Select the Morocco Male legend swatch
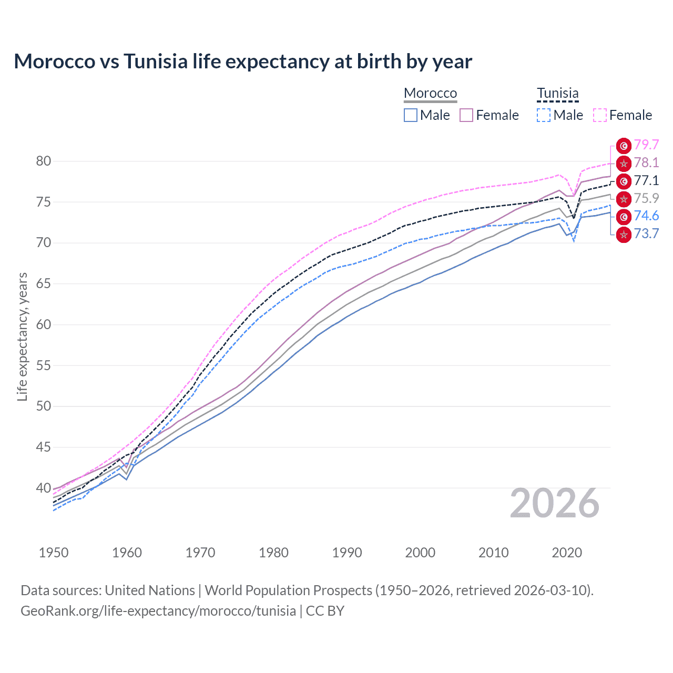point(411,115)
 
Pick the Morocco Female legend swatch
point(466,115)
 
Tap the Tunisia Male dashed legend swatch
point(544,115)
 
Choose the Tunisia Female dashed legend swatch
point(600,115)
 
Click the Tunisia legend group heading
point(557,93)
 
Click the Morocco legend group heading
point(430,93)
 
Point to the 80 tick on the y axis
point(44,161)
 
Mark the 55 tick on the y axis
point(44,365)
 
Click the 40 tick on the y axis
point(44,488)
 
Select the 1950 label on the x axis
point(54,553)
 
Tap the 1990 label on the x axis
point(347,553)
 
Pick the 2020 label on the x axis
point(567,553)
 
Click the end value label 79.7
point(646,145)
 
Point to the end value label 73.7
point(646,234)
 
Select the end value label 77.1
point(646,181)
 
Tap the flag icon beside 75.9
point(624,199)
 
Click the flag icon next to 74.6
point(624,217)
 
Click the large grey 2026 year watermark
point(554,504)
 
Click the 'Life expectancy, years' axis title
point(22,336)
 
